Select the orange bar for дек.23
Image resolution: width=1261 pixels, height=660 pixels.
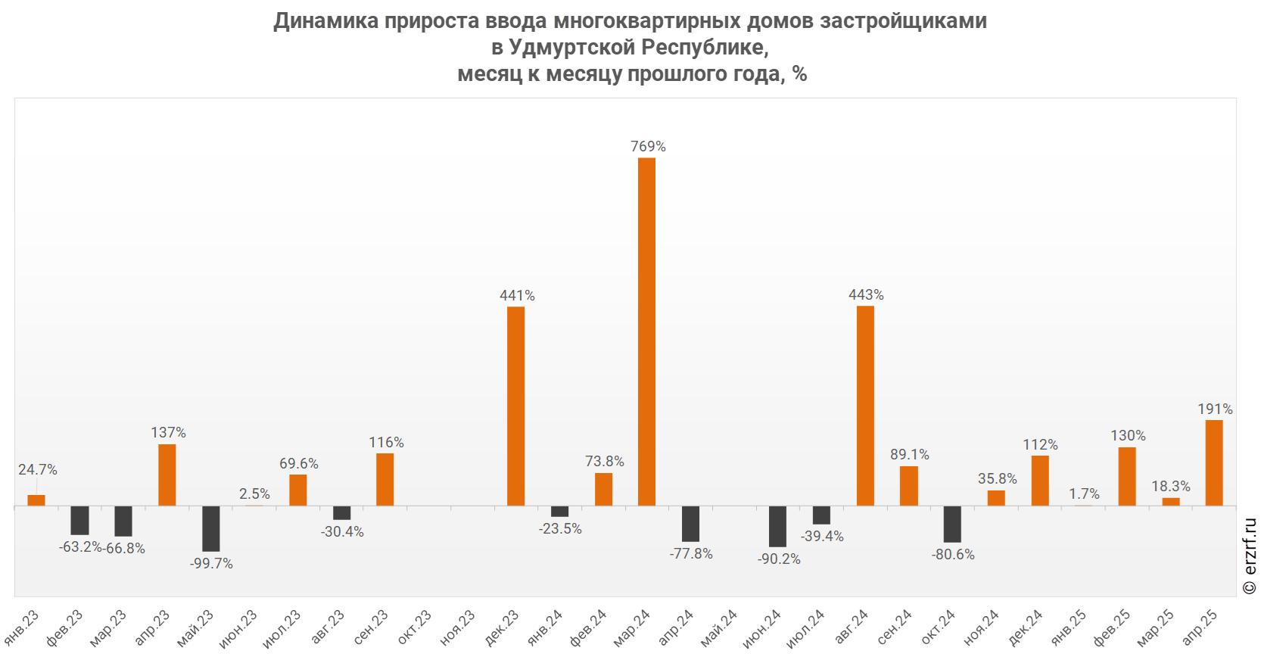pos(515,406)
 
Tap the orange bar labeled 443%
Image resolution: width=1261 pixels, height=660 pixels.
pos(865,406)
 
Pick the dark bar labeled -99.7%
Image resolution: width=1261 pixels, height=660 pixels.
pos(210,528)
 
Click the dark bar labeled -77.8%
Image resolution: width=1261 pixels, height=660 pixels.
pos(690,524)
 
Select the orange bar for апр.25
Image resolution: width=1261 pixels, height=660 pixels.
pos(1214,462)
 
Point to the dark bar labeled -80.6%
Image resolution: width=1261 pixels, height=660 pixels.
pos(952,524)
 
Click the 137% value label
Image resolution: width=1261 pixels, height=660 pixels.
pos(168,432)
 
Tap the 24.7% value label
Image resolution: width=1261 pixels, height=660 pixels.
pos(38,469)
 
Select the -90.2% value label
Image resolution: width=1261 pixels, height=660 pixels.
pos(779,559)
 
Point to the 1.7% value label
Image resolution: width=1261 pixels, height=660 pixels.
pos(1084,493)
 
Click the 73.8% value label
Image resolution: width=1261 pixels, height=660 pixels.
pos(604,461)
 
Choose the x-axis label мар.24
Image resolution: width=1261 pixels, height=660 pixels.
pos(632,628)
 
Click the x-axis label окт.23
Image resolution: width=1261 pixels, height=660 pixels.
pos(415,628)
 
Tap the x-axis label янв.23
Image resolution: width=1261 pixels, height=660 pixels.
pos(21,628)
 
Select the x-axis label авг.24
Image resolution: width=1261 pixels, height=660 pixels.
pos(852,627)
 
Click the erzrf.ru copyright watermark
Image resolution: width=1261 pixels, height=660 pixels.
pos(1250,556)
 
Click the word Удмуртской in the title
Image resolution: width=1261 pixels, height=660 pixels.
pos(571,47)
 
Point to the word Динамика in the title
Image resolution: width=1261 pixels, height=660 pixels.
pos(326,20)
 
